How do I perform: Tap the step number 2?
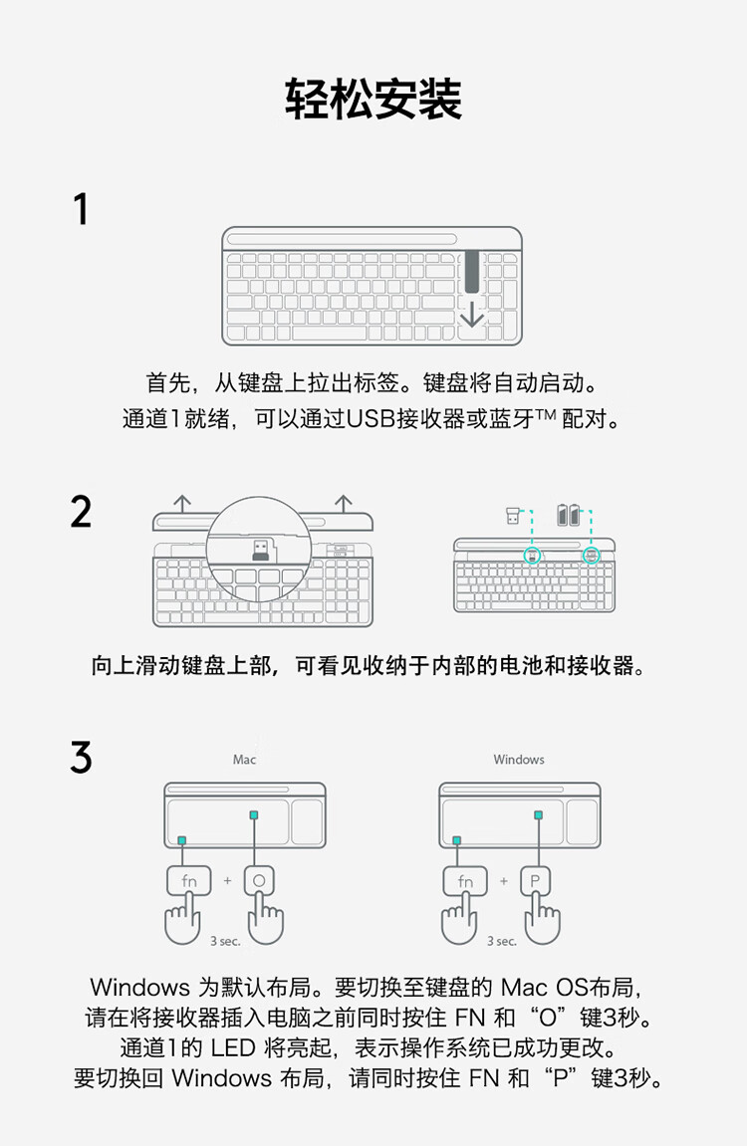tap(81, 511)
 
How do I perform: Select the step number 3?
tap(81, 757)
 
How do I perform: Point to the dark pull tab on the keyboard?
tap(472, 271)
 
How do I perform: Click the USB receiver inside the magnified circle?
tap(260, 550)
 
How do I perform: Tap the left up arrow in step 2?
tap(182, 504)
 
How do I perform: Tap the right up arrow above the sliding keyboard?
tap(344, 504)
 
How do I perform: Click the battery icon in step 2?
tap(568, 515)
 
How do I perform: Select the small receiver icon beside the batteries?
tap(513, 516)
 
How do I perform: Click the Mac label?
tap(244, 760)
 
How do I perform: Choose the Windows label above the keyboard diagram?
tap(519, 760)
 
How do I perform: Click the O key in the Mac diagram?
tap(259, 881)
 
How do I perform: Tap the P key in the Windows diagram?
tap(535, 881)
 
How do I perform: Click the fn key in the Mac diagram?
tap(188, 881)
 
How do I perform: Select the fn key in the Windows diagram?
tap(465, 881)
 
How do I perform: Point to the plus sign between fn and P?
tap(504, 881)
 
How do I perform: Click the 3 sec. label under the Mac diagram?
tap(225, 941)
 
